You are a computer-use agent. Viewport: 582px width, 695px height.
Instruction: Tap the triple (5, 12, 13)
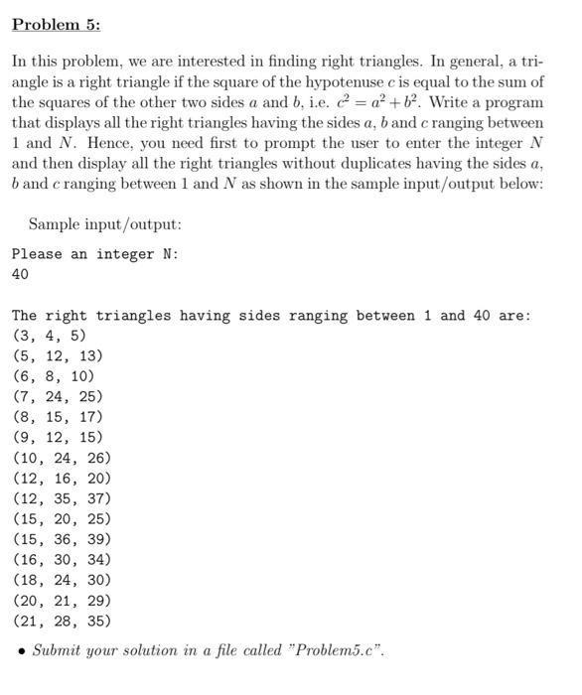[x=58, y=355]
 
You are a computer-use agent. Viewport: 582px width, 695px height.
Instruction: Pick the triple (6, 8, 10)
[x=54, y=376]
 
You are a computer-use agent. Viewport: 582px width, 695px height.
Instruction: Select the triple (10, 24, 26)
[x=62, y=458]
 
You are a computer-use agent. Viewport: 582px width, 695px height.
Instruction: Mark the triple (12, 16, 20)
[x=62, y=478]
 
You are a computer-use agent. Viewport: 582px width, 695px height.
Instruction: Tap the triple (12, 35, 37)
[x=62, y=498]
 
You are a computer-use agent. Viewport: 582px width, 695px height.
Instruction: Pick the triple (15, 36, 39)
[x=62, y=539]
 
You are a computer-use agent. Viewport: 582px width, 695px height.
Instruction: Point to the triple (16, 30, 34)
[x=62, y=560]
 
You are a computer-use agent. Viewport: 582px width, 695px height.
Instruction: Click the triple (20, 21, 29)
[x=62, y=601]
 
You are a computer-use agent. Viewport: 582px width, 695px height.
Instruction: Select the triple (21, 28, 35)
[x=62, y=621]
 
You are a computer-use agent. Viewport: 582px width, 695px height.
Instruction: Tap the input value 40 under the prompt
[x=20, y=274]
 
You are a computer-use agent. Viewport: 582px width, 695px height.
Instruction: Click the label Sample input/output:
[x=104, y=224]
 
